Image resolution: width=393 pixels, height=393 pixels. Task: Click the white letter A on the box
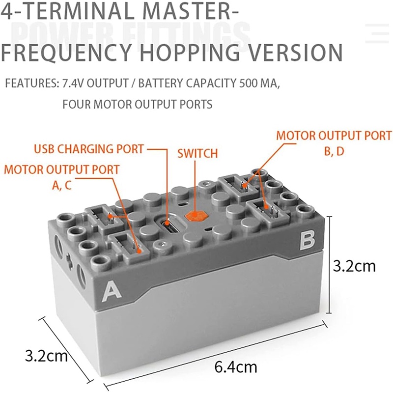point(112,291)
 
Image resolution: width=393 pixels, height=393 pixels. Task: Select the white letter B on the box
point(308,241)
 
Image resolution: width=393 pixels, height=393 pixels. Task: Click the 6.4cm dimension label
point(236,367)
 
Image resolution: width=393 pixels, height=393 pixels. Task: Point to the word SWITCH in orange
point(197,153)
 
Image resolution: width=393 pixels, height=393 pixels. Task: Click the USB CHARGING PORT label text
point(89,149)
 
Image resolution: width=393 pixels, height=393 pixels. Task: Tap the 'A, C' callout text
point(62,185)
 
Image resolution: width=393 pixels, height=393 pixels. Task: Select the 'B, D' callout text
point(334,151)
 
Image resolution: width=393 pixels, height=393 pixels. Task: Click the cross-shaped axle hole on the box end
point(69,260)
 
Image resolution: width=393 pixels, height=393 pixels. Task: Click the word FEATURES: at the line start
point(32,83)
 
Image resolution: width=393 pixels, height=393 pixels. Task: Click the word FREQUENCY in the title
point(67,53)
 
